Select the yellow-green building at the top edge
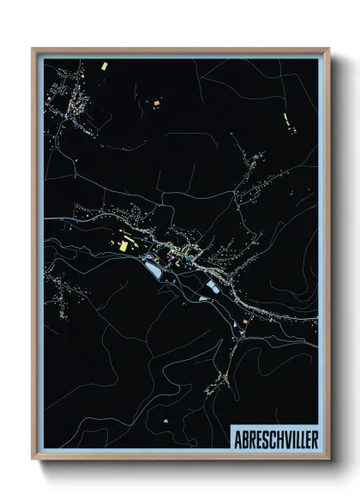pyautogui.click(x=102, y=65)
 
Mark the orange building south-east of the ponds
pyautogui.click(x=246, y=320)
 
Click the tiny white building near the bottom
pyautogui.click(x=165, y=423)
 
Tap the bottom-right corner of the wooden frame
pyautogui.click(x=328, y=460)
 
